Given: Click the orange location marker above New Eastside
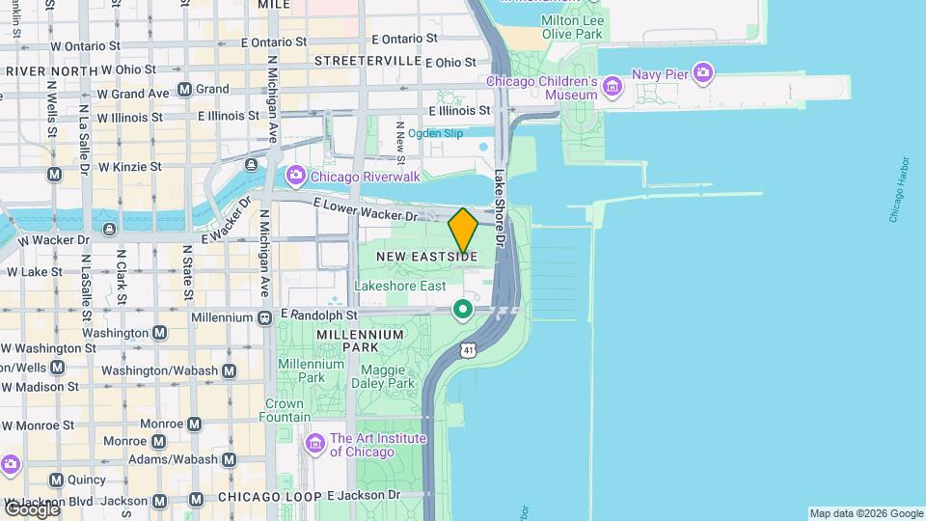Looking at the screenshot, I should pyautogui.click(x=463, y=230).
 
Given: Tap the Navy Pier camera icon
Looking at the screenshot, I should pyautogui.click(x=703, y=73).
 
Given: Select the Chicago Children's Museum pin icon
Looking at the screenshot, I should pyautogui.click(x=611, y=89).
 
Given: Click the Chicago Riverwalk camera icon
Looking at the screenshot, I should pyautogui.click(x=295, y=177).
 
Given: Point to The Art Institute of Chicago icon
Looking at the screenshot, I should pyautogui.click(x=315, y=445).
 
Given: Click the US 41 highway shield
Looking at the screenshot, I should pyautogui.click(x=468, y=348).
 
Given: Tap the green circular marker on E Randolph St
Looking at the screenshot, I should pyautogui.click(x=463, y=310).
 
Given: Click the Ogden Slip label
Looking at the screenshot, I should pyautogui.click(x=435, y=133).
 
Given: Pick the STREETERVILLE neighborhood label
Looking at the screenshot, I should pyautogui.click(x=368, y=61).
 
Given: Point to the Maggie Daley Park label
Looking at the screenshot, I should pyautogui.click(x=388, y=376).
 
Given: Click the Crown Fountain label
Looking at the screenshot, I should pyautogui.click(x=285, y=411).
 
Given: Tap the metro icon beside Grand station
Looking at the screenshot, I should pyautogui.click(x=183, y=90).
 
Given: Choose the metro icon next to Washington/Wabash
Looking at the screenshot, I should pyautogui.click(x=229, y=370).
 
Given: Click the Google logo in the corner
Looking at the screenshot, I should pyautogui.click(x=32, y=508).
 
